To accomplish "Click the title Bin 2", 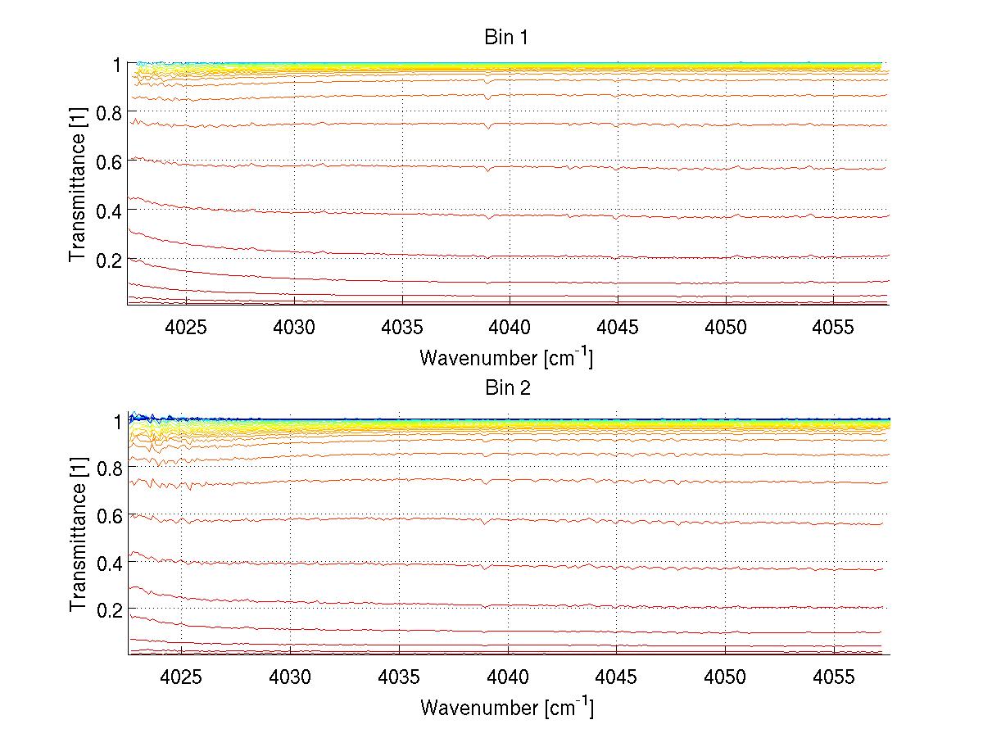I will pyautogui.click(x=508, y=388).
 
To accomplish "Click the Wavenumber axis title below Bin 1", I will pyautogui.click(x=506, y=357).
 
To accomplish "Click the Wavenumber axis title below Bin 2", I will pyautogui.click(x=506, y=707).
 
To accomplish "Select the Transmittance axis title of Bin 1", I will pyautogui.click(x=78, y=183).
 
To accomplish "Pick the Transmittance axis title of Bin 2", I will pyautogui.click(x=78, y=534).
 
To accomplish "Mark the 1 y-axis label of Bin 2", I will pyautogui.click(x=117, y=421).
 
